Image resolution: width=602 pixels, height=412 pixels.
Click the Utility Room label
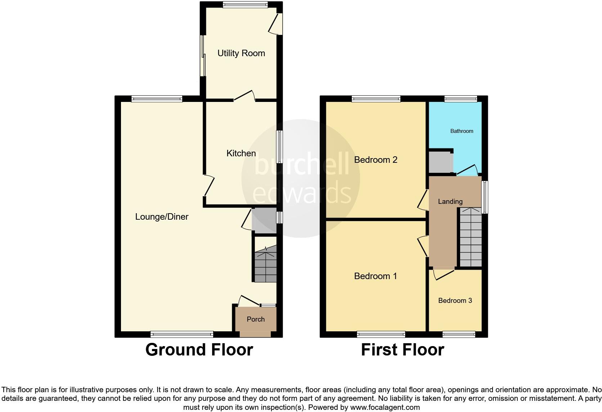tap(241, 53)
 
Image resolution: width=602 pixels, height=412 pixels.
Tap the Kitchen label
tap(241, 153)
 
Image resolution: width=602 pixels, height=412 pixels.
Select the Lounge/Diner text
tap(162, 217)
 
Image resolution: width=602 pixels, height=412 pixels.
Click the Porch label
tap(256, 319)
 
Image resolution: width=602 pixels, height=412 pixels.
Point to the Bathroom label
tap(462, 131)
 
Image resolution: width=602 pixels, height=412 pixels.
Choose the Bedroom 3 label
tap(455, 301)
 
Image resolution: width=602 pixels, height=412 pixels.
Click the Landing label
tap(450, 202)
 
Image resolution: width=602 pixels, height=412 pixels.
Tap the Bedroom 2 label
tap(376, 160)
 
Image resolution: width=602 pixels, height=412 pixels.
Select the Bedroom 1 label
tap(375, 276)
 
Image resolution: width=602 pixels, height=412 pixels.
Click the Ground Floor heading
tap(199, 350)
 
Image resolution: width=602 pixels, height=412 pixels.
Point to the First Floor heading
tap(402, 350)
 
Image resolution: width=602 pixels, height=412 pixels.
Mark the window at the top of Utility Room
tap(245, 5)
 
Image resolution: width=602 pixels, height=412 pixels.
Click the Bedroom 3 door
tap(444, 274)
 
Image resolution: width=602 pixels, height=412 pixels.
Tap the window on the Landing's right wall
tap(485, 197)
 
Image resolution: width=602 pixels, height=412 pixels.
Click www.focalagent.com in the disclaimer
tap(385, 408)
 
